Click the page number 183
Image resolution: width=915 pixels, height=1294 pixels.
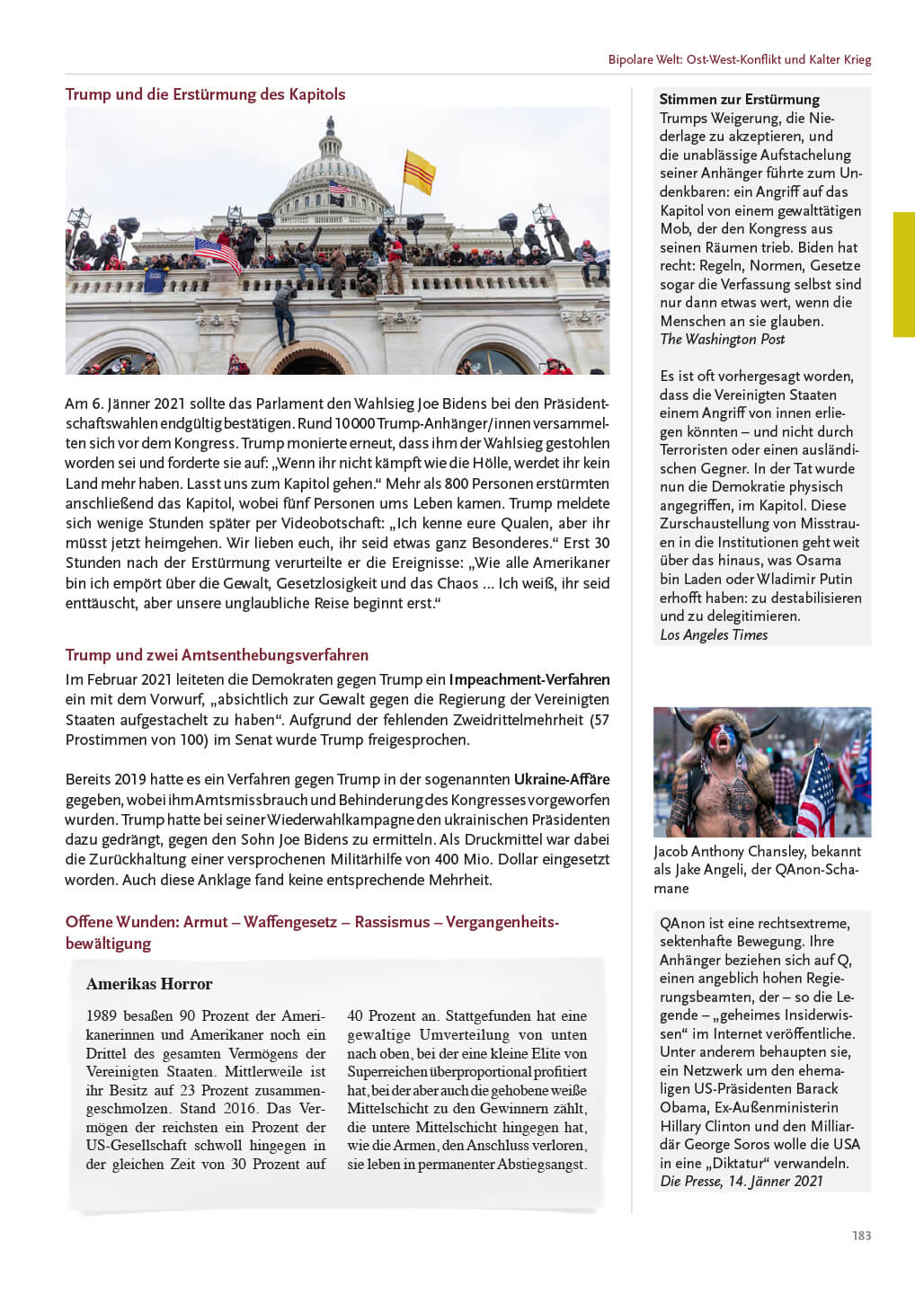(x=861, y=1236)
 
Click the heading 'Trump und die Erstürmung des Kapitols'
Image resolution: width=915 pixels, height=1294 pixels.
(x=205, y=94)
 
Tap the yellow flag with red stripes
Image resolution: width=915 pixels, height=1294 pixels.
(x=419, y=171)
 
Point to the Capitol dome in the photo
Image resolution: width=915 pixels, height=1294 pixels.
(x=331, y=171)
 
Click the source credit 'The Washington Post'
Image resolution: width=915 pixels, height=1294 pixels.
(x=722, y=339)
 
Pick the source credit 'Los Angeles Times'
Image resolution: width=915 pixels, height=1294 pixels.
(x=714, y=634)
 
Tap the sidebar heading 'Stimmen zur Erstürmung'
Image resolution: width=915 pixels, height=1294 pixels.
(x=739, y=99)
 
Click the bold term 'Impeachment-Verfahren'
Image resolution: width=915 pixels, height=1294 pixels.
(x=529, y=679)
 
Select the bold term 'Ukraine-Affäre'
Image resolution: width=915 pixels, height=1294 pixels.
(x=562, y=779)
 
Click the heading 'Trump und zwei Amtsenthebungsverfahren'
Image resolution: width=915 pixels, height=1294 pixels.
(x=217, y=655)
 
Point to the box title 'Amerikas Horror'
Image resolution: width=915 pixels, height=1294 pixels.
(x=149, y=984)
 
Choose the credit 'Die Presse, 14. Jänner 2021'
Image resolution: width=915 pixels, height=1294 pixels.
(x=742, y=1181)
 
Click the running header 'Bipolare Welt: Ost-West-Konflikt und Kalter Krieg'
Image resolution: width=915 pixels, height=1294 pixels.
(x=739, y=59)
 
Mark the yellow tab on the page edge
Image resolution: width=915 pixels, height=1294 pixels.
(x=903, y=274)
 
